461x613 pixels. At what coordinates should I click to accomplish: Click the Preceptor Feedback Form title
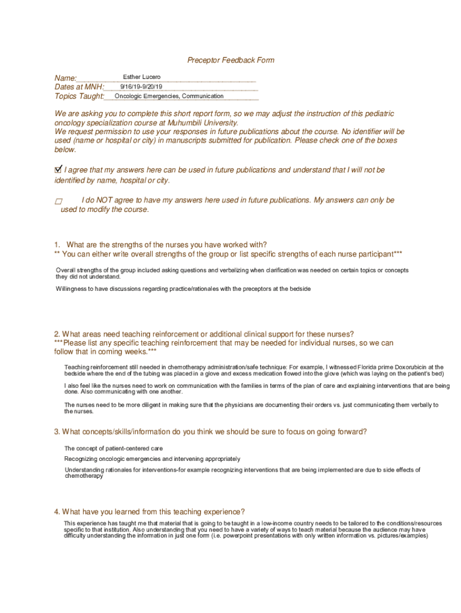[230, 60]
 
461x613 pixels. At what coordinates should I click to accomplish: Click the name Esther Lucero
[141, 77]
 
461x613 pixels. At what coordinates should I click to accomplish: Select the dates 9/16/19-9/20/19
[141, 87]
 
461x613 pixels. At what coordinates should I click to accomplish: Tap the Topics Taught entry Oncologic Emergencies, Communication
[169, 96]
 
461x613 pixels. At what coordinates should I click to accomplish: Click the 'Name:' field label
[65, 78]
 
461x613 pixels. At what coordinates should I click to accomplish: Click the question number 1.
[57, 245]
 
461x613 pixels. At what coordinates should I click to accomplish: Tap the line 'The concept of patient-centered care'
[114, 448]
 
